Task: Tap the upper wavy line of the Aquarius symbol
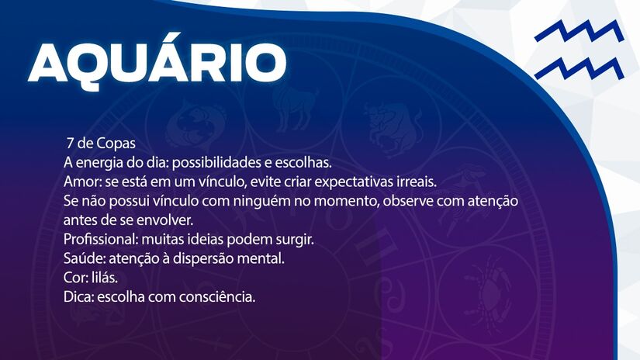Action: pyautogui.click(x=578, y=33)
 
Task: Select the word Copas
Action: pyautogui.click(x=116, y=144)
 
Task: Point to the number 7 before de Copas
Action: pyautogui.click(x=71, y=144)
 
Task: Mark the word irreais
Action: pyautogui.click(x=417, y=182)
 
